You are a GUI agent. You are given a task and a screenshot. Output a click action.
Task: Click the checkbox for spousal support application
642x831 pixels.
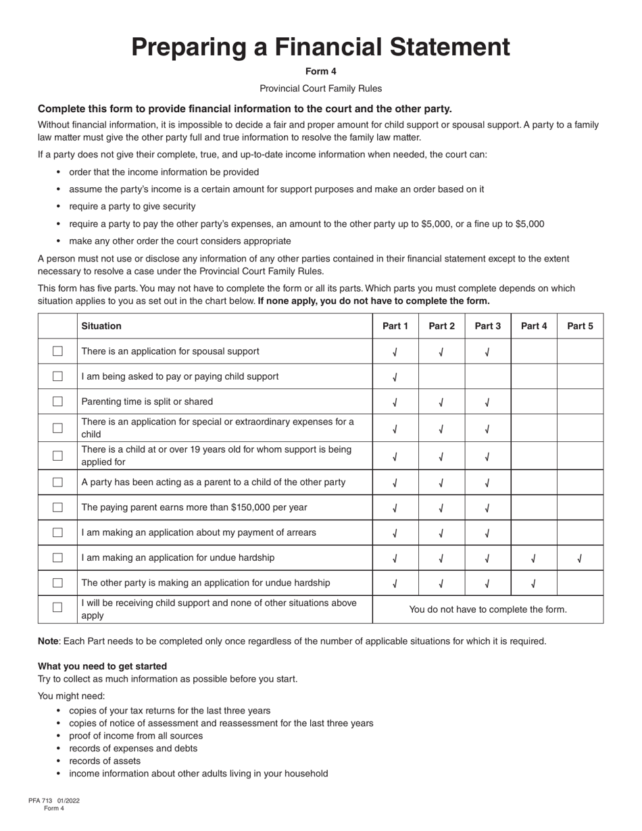pyautogui.click(x=57, y=351)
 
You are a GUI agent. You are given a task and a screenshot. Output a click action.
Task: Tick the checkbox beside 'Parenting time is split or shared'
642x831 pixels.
pyautogui.click(x=57, y=401)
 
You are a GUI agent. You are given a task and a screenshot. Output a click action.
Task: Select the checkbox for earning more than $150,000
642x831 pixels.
pyautogui.click(x=57, y=507)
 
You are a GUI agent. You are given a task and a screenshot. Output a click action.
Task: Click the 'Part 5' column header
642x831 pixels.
pyautogui.click(x=580, y=326)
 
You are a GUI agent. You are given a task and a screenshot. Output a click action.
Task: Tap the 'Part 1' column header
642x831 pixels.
pyautogui.click(x=395, y=326)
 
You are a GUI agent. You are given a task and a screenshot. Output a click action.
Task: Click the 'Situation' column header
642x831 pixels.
pyautogui.click(x=101, y=326)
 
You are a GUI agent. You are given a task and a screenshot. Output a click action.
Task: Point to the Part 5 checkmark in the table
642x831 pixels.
pyautogui.click(x=580, y=558)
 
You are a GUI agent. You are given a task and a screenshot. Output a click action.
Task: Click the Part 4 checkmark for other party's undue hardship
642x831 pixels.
pyautogui.click(x=534, y=583)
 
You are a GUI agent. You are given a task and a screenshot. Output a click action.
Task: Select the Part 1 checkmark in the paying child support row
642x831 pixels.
pyautogui.click(x=395, y=377)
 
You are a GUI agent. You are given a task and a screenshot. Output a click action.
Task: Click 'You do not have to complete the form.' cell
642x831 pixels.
pyautogui.click(x=488, y=609)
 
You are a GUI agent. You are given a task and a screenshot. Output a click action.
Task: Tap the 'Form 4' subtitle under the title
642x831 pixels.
pyautogui.click(x=320, y=71)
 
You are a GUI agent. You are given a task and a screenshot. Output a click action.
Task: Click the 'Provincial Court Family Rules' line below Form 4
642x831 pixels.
pyautogui.click(x=320, y=89)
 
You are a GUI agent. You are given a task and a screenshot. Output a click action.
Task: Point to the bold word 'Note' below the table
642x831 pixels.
pyautogui.click(x=49, y=641)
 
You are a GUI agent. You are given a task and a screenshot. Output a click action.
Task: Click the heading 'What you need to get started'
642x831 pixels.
pyautogui.click(x=102, y=666)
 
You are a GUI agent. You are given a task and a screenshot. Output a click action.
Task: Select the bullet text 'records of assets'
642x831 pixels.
pyautogui.click(x=105, y=761)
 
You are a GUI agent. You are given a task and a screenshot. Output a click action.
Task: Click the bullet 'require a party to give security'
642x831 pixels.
pyautogui.click(x=132, y=207)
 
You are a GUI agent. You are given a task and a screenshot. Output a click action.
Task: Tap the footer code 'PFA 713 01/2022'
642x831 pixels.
pyautogui.click(x=54, y=801)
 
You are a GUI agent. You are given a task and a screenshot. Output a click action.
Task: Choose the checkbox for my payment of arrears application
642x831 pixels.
pyautogui.click(x=57, y=532)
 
